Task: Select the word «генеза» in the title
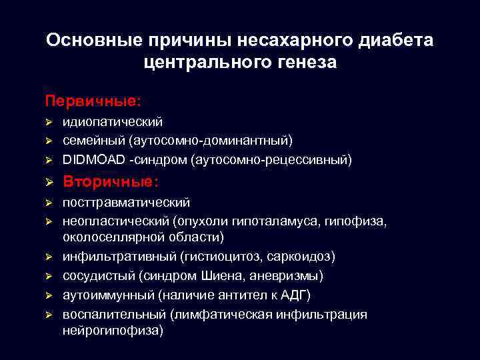303,63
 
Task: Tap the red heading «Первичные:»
93,101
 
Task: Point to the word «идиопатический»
113,122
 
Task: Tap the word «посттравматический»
126,202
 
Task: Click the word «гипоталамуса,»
288,220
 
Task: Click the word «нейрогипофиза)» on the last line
112,331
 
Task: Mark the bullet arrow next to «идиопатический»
49,123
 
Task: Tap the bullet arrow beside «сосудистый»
49,276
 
